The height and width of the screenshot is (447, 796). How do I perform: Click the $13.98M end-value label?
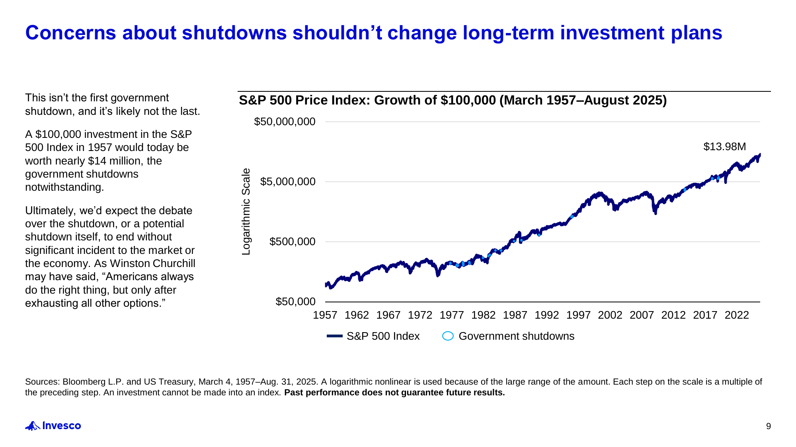pos(724,147)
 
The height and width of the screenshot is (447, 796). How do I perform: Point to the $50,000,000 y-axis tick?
pos(285,122)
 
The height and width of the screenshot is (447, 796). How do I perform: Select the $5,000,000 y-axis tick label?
pos(287,182)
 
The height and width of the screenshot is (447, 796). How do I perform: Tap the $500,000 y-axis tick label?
pos(292,242)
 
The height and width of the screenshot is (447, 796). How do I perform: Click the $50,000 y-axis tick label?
pos(295,302)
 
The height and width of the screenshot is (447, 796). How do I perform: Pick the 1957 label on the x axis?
pos(325,315)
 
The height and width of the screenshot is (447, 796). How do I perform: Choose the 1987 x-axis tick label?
pos(515,315)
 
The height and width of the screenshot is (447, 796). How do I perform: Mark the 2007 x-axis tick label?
pos(642,315)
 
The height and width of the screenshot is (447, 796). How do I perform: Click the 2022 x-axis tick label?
pos(737,315)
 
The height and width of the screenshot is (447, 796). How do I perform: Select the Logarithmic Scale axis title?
pos(246,211)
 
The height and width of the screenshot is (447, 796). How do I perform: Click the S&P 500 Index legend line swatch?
pos(334,336)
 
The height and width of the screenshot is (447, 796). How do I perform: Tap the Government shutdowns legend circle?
pos(448,336)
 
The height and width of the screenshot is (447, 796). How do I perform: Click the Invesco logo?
pos(53,426)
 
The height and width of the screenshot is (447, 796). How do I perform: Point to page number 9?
pos(768,426)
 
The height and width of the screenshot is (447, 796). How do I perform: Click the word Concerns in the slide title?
pos(70,33)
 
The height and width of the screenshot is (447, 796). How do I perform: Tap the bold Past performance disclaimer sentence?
pos(394,393)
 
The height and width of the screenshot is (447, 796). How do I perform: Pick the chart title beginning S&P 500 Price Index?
pos(453,100)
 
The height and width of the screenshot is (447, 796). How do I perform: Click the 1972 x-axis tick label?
pos(420,315)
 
